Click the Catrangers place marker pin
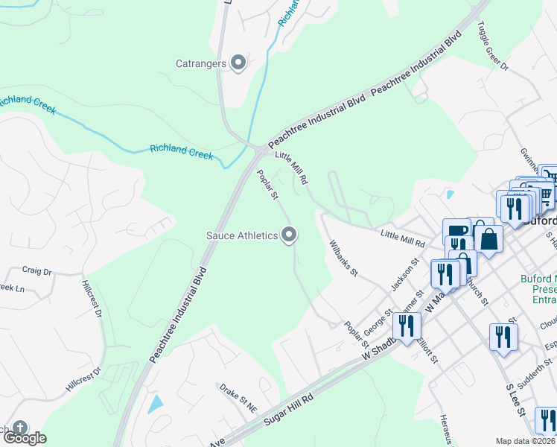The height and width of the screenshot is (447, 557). (x=238, y=63)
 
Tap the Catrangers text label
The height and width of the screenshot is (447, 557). (x=201, y=63)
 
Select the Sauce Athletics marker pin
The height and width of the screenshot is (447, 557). (x=290, y=235)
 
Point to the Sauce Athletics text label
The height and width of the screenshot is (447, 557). (x=243, y=236)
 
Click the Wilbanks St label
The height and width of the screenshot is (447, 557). (x=344, y=259)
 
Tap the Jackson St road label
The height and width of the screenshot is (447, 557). (x=401, y=275)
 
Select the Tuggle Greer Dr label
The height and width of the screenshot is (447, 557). (x=492, y=51)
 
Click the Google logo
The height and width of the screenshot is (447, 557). (x=24, y=438)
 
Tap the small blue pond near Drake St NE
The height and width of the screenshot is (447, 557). (x=155, y=405)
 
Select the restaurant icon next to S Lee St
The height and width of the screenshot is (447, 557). (x=503, y=337)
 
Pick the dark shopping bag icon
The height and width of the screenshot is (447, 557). (x=488, y=240)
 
